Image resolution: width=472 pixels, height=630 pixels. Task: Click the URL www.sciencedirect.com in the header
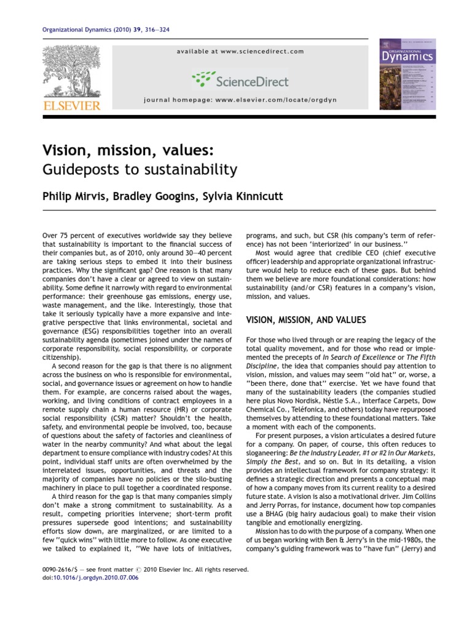[x=269, y=52]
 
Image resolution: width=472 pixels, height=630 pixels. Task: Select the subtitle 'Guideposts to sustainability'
[x=139, y=169]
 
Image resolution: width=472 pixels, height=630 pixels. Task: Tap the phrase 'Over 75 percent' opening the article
[x=66, y=235]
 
